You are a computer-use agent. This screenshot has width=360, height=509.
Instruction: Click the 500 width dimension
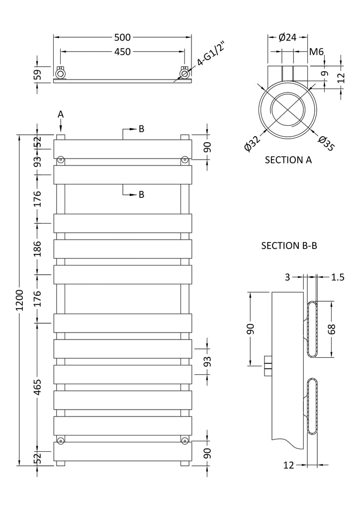(122, 37)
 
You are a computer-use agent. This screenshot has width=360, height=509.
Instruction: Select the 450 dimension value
(122, 52)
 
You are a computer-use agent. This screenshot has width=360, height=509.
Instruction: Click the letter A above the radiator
(61, 114)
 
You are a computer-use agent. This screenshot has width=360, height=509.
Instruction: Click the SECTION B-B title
(289, 246)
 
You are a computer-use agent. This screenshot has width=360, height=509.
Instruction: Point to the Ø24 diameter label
(287, 37)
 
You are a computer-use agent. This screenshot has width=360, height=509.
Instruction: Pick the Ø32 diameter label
(252, 143)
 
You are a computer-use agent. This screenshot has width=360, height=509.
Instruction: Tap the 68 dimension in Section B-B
(333, 329)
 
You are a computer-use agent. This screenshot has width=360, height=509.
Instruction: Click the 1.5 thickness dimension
(338, 277)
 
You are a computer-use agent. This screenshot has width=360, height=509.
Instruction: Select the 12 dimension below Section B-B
(288, 465)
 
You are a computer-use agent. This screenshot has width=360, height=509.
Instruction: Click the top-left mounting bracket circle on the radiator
(61, 160)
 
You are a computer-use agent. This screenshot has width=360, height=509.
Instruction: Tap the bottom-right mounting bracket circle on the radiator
(184, 440)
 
